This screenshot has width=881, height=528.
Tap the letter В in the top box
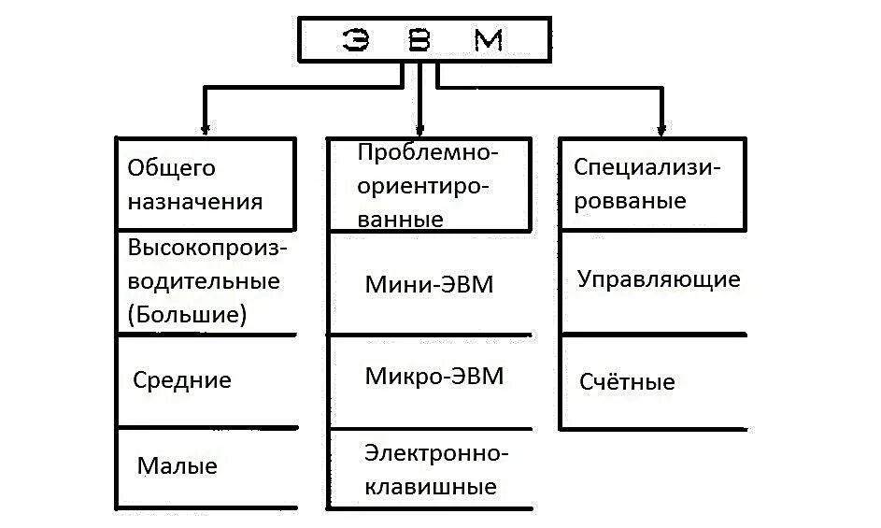(419, 42)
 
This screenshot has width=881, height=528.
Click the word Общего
(171, 168)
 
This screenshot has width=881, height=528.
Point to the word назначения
(195, 201)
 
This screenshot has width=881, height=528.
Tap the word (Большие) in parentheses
(188, 314)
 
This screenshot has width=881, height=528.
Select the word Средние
(182, 380)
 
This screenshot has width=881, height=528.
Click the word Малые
(177, 465)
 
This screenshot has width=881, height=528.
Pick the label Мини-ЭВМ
(429, 285)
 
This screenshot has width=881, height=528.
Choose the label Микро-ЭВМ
(434, 377)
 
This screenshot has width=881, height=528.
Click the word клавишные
(430, 487)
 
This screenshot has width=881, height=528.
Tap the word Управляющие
(659, 279)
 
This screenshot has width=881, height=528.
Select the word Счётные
(627, 382)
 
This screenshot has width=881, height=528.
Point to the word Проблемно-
(429, 152)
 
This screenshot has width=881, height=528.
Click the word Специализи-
(647, 167)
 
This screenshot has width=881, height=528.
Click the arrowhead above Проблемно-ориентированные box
(420, 129)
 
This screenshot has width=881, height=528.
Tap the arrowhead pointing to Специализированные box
(661, 129)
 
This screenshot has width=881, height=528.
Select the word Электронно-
(436, 454)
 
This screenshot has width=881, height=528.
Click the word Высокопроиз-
(208, 250)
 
